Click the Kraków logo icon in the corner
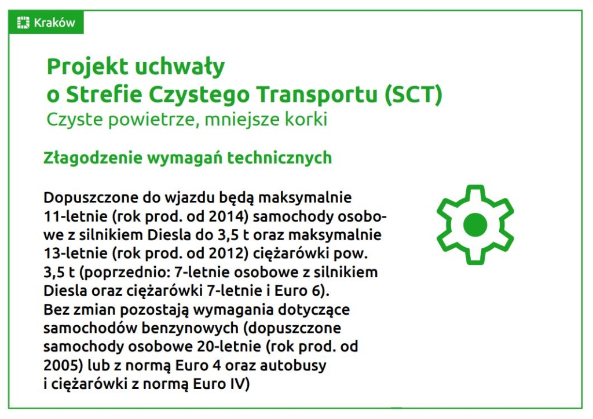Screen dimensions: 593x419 pyautogui.click(x=23, y=23)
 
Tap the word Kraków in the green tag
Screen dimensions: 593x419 pyautogui.click(x=54, y=23)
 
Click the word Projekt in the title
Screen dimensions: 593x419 pyautogui.click(x=88, y=67)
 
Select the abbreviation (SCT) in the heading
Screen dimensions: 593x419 pyautogui.click(x=413, y=94)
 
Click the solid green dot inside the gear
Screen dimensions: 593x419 pyautogui.click(x=475, y=225)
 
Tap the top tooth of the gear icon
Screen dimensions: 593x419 pyautogui.click(x=475, y=190)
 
